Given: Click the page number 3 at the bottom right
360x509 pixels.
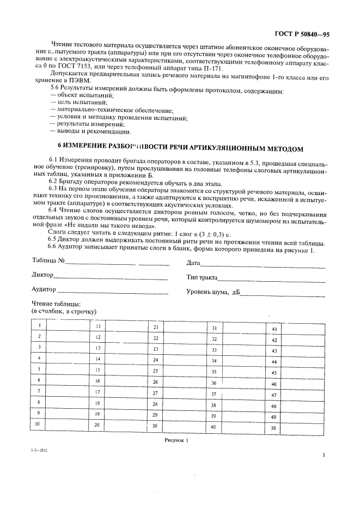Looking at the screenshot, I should point(323,456).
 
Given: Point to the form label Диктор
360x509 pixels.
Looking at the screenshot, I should point(42,275).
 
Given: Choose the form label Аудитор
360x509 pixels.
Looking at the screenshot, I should point(44,289).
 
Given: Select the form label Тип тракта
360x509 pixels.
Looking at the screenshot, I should point(202,277).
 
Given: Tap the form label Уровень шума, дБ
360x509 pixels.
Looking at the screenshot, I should point(213,292).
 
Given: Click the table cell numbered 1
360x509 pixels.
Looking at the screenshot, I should point(40,325).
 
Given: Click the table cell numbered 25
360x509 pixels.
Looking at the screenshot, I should point(155,371).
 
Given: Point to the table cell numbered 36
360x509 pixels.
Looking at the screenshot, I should point(214,383).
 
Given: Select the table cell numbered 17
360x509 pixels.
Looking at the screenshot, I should point(97,392).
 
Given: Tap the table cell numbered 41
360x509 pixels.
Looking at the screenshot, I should point(274,329).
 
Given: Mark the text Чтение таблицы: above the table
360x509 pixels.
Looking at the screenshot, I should point(56,304).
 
